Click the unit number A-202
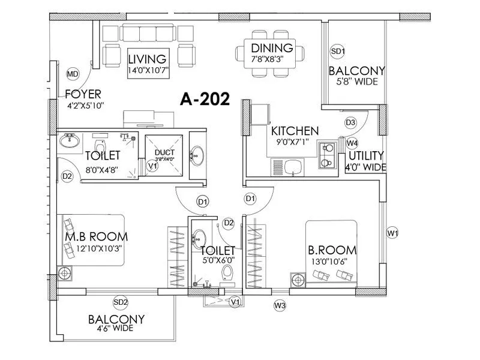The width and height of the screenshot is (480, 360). point(205,100)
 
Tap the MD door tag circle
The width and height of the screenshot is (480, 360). point(73,74)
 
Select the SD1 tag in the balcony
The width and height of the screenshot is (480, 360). point(338,52)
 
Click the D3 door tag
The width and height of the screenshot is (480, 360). point(351,122)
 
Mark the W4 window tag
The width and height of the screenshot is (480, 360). point(352,143)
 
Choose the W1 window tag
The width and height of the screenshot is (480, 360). point(393,232)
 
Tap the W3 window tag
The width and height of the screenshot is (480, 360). point(280,306)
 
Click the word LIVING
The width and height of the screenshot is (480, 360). point(147,59)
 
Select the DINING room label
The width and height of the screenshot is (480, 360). point(272,48)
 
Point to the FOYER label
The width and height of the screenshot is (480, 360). point(83,94)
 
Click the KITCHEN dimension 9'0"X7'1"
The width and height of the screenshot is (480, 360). point(293,142)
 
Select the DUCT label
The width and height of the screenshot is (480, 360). point(164,152)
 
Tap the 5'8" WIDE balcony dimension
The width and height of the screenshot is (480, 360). point(356,82)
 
